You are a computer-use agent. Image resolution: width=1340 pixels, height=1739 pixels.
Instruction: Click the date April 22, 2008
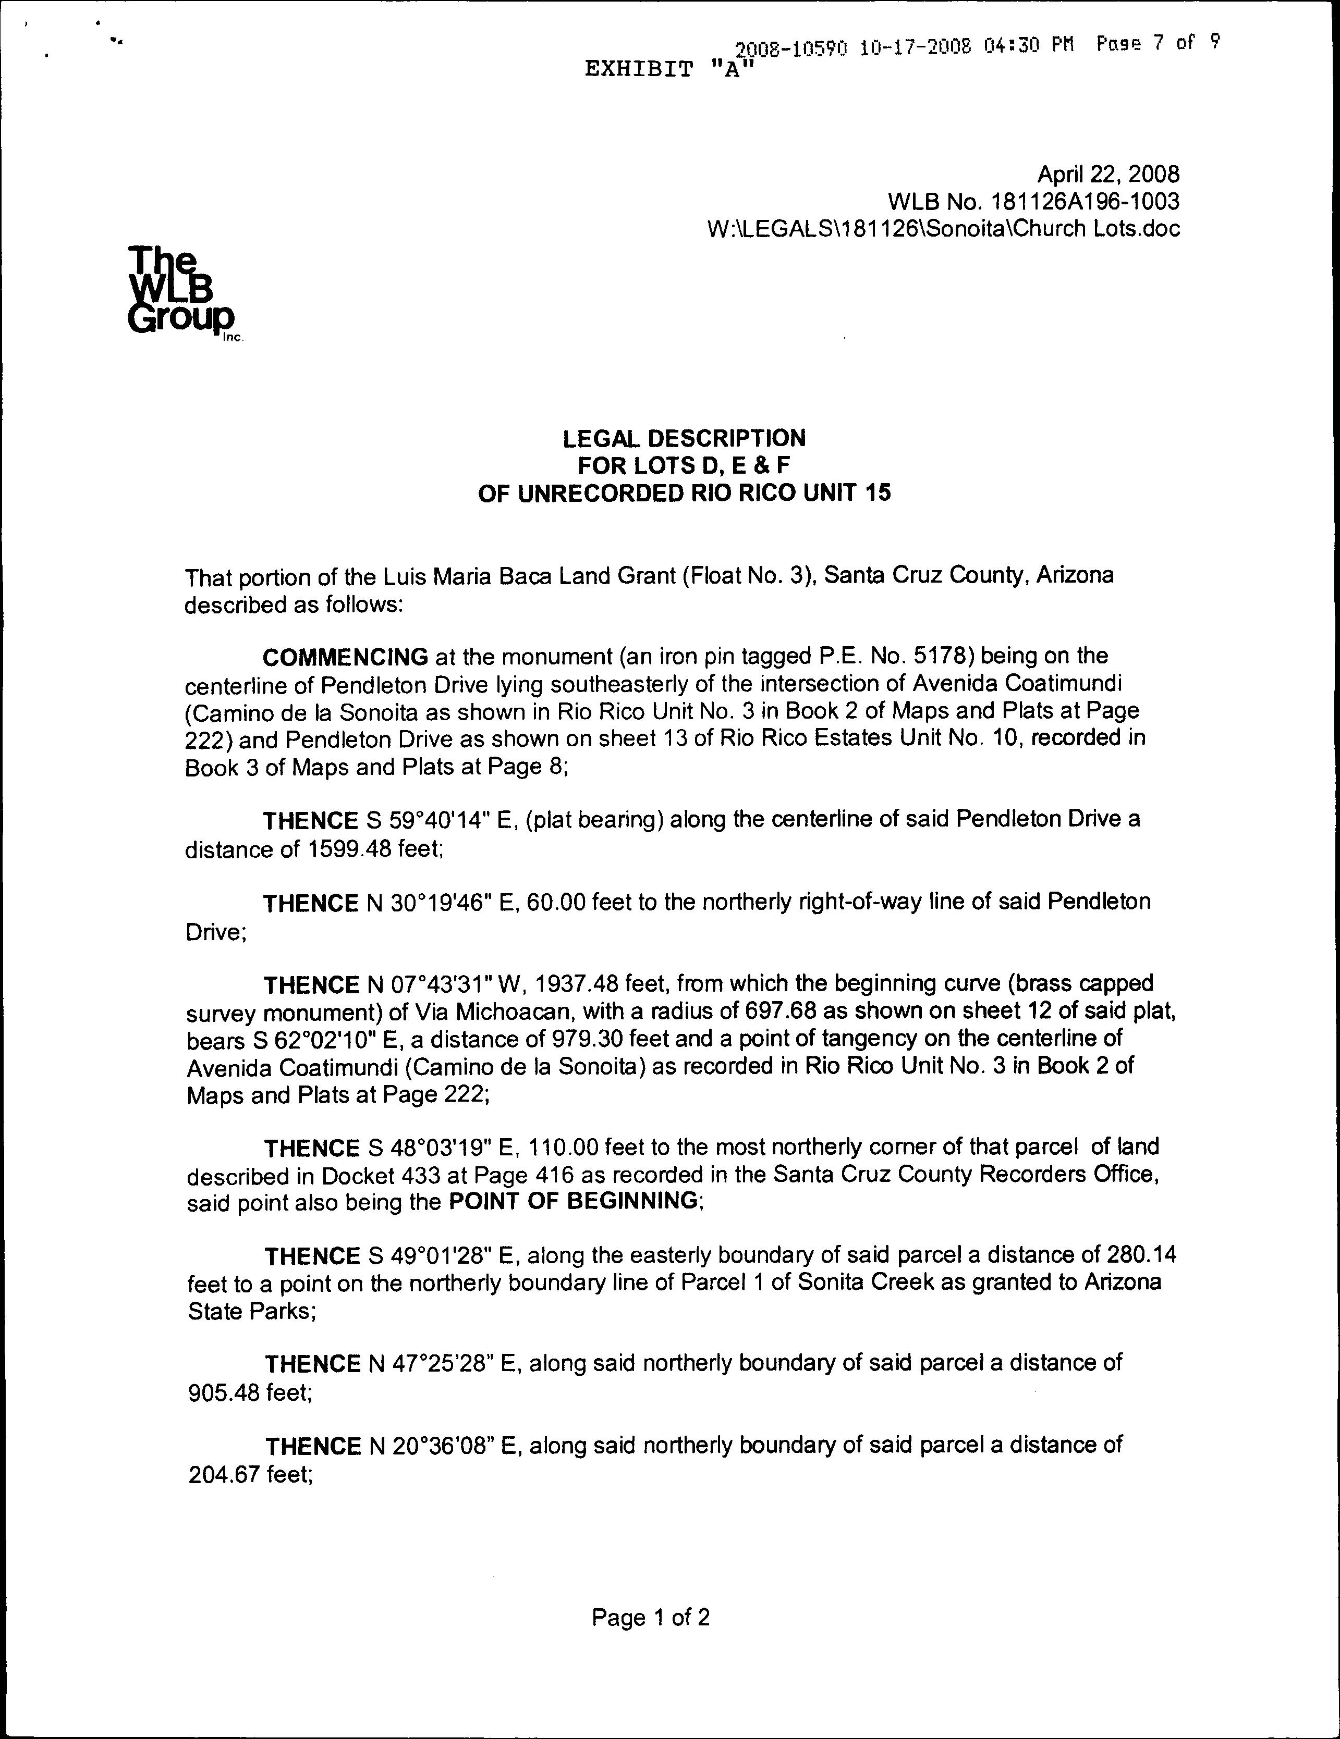pyautogui.click(x=1107, y=175)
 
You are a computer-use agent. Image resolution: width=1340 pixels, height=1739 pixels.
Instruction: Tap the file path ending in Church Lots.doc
pyautogui.click(x=943, y=229)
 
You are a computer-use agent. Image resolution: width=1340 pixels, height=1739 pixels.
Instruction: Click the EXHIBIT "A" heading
pyautogui.click(x=668, y=70)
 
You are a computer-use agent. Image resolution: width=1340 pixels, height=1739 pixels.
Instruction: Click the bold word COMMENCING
pyautogui.click(x=346, y=657)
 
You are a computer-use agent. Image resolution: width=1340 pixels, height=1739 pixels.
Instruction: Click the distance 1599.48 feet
pyautogui.click(x=373, y=849)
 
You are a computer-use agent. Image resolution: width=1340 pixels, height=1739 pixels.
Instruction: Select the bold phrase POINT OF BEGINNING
pyautogui.click(x=574, y=1201)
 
